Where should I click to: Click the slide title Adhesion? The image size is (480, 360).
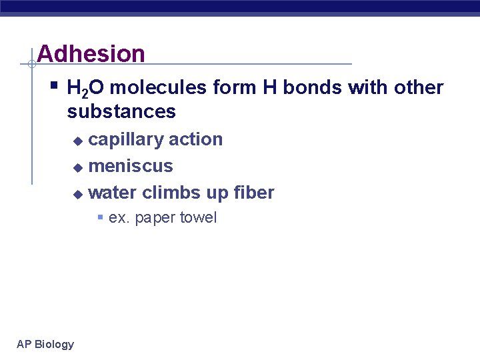click(x=91, y=53)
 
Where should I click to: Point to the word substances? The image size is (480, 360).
click(x=121, y=111)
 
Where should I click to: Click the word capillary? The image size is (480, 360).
click(x=126, y=140)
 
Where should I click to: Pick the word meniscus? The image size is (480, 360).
click(x=131, y=166)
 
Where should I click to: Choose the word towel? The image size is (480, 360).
click(x=197, y=218)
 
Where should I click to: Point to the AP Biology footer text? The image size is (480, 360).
click(x=45, y=344)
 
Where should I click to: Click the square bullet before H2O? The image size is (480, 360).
click(x=54, y=86)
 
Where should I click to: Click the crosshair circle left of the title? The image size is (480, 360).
click(x=31, y=65)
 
